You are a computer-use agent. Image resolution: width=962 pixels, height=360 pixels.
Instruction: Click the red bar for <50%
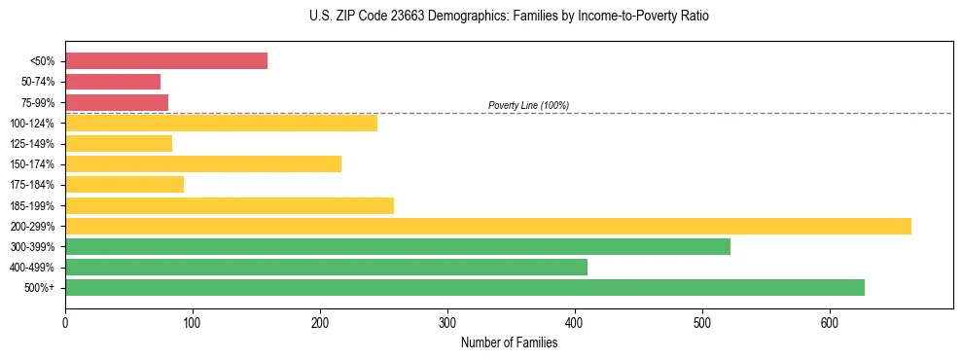click(165, 61)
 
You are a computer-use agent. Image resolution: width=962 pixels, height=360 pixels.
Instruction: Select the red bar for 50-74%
click(113, 82)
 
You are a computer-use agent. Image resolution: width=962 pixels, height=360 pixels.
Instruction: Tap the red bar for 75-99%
click(117, 102)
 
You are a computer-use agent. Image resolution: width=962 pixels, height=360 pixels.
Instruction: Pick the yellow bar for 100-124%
click(221, 123)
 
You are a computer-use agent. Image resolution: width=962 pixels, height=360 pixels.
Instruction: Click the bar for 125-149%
click(119, 143)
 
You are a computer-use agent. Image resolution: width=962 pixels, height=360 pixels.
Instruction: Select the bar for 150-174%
click(203, 163)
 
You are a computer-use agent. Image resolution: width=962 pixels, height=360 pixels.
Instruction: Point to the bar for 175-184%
click(125, 184)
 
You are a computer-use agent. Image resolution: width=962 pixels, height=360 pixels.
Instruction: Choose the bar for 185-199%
click(230, 205)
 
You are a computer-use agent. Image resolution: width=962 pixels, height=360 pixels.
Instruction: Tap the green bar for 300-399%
click(398, 246)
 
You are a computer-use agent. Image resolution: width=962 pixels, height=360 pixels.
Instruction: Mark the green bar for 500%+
click(465, 287)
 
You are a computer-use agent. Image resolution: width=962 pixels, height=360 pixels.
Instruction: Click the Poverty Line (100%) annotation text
click(528, 105)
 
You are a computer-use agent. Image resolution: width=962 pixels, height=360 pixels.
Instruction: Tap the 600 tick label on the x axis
click(830, 322)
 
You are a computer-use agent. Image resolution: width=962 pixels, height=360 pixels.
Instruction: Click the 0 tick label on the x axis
click(65, 322)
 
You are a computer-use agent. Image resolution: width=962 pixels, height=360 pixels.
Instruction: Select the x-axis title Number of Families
click(509, 342)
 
